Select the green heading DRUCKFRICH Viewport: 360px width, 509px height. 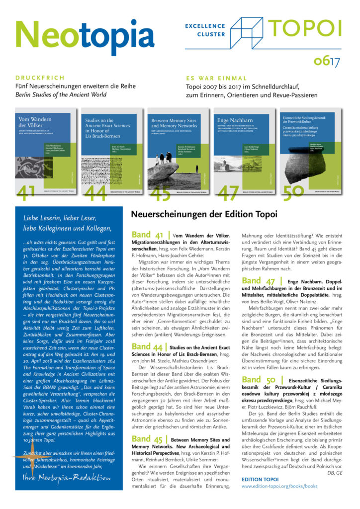pos(40,78)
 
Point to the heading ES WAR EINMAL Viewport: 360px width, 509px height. pos(216,78)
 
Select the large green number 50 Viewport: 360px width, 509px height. pos(293,192)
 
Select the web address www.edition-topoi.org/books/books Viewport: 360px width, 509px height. pos(279,486)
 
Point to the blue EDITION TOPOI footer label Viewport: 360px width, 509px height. pos(261,478)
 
